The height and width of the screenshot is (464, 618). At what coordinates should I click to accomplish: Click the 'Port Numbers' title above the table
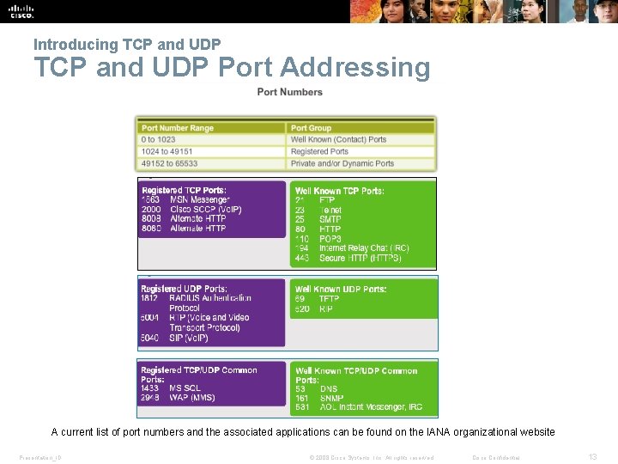[290, 92]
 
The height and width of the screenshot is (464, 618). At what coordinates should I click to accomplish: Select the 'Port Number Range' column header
[178, 128]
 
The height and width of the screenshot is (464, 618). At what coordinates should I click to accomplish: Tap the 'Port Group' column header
[311, 128]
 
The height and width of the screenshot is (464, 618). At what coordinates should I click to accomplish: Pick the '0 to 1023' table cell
[159, 139]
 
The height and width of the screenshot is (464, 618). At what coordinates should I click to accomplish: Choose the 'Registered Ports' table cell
[319, 151]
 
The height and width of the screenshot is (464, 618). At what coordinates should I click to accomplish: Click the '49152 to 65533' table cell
[170, 163]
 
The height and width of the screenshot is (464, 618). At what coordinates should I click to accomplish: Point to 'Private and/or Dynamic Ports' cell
[342, 163]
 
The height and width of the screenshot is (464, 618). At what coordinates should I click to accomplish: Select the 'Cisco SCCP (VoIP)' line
[206, 210]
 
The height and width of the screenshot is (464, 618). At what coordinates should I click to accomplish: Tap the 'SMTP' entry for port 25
[330, 219]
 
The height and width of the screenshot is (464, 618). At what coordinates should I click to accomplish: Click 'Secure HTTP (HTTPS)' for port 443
[360, 258]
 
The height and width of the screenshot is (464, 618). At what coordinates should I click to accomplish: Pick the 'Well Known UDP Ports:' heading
[341, 289]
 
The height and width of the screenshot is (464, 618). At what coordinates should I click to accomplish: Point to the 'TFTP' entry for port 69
[330, 299]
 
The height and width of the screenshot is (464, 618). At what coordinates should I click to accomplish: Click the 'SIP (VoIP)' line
[189, 338]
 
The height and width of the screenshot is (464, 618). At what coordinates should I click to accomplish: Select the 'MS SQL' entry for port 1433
[185, 388]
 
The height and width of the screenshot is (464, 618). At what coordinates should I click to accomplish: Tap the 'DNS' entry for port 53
[328, 389]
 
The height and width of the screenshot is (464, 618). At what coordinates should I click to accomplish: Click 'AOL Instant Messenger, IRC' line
[371, 407]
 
